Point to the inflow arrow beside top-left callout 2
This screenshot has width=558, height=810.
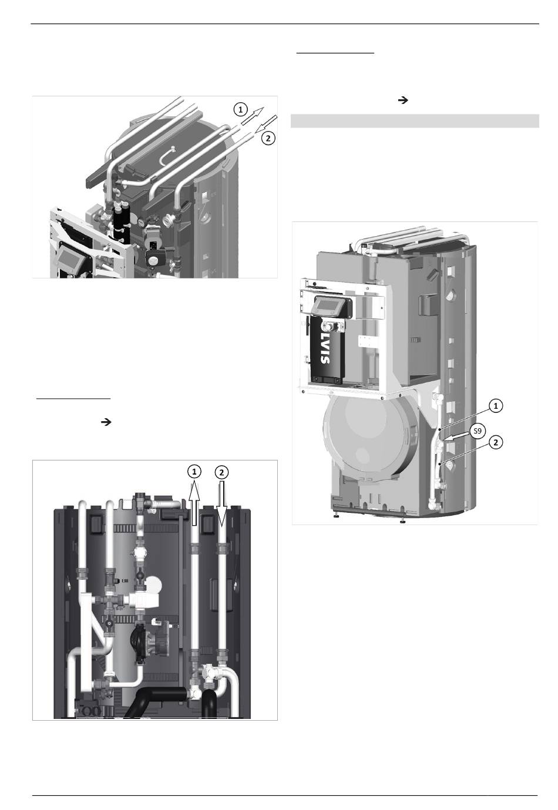(265, 124)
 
